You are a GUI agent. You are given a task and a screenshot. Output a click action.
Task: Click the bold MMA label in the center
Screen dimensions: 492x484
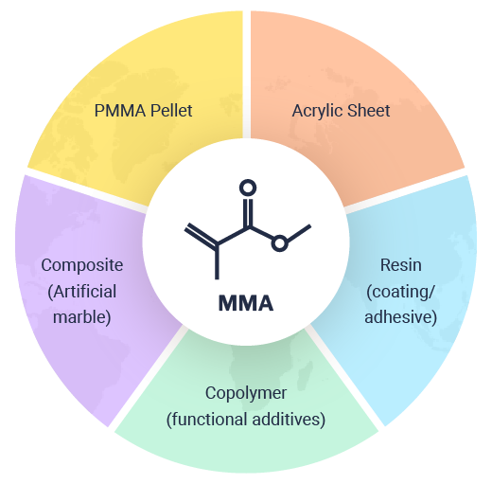pos(246,303)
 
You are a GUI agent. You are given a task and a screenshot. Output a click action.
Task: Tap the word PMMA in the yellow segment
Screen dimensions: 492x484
pos(120,111)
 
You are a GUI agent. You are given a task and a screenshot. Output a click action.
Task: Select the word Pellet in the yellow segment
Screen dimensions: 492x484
pos(171,110)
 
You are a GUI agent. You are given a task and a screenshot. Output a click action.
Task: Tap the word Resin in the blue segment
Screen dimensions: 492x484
pos(401,265)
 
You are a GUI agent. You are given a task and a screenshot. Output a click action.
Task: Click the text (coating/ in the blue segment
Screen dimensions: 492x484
pos(400,292)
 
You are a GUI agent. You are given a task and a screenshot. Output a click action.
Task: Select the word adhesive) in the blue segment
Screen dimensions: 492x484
pos(400,316)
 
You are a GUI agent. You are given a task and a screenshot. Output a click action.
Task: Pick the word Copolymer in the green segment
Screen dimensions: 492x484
pos(246,394)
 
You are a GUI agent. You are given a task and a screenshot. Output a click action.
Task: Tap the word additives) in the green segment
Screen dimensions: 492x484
pos(289,420)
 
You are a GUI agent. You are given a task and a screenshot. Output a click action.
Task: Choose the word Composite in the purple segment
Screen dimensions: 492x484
pos(82,265)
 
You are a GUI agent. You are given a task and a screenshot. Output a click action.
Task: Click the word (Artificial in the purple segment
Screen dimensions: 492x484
pos(82,292)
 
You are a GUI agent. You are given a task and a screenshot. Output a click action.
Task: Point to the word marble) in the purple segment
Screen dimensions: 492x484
pos(82,317)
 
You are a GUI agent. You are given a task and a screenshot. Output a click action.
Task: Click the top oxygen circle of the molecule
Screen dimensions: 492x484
pos(248,188)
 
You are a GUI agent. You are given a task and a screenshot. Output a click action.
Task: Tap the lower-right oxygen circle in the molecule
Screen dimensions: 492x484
pos(280,243)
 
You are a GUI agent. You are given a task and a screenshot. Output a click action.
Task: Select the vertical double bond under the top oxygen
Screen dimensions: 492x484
pos(248,212)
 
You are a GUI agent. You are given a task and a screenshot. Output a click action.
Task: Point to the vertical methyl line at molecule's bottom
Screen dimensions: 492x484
pos(217,261)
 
